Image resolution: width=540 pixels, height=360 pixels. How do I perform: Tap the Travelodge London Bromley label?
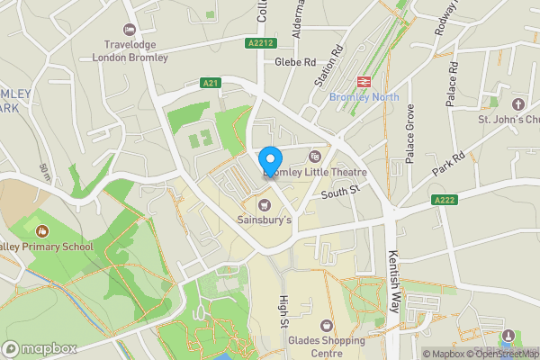130,51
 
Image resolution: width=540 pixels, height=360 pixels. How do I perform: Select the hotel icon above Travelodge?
130,31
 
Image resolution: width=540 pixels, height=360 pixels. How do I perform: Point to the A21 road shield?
211,83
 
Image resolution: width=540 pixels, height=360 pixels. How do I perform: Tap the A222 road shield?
444,200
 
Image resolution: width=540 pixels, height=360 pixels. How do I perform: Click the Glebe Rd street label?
297,62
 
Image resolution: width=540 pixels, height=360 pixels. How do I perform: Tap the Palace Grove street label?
409,133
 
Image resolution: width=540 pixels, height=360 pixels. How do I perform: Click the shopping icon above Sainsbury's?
265,201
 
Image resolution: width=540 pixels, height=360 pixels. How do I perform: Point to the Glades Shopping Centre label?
328,346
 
